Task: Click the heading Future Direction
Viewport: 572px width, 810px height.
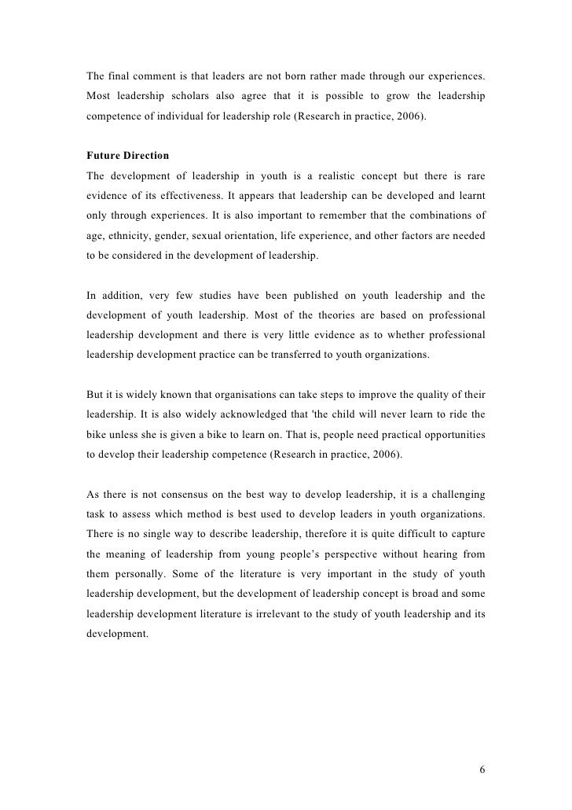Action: tap(126, 156)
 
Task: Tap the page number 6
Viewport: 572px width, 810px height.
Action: tap(482, 768)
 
